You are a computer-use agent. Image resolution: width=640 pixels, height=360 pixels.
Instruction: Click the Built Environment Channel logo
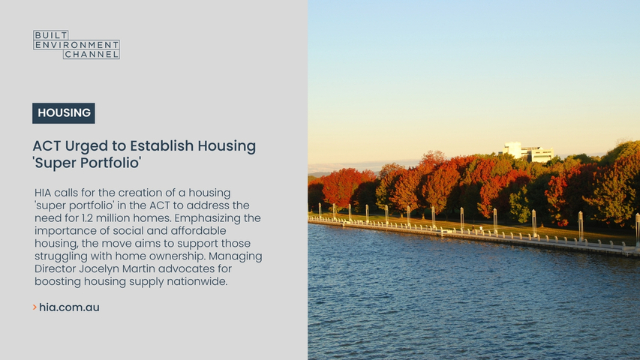77,44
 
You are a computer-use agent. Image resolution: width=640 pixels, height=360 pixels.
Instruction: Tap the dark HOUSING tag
64,113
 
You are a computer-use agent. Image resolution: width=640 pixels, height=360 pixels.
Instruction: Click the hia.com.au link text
69,307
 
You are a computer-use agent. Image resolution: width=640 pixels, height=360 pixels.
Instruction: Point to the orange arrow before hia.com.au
35,307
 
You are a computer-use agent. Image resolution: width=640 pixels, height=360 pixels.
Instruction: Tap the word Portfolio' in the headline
114,163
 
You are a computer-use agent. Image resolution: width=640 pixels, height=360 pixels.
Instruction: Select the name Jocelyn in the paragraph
104,269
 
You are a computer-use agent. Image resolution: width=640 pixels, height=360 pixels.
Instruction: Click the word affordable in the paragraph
198,231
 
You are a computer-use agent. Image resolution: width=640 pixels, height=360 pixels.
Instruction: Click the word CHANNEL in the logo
92,54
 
